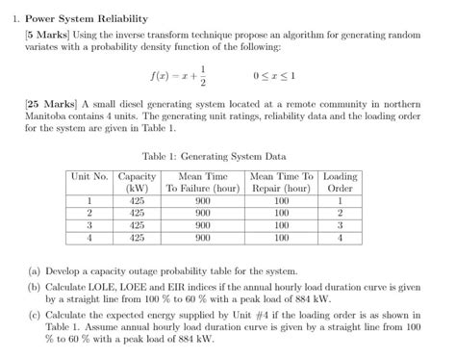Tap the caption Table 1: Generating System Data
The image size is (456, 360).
pyautogui.click(x=227, y=154)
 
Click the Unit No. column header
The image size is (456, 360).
pyautogui.click(x=89, y=176)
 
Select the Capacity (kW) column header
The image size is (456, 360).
pyautogui.click(x=137, y=183)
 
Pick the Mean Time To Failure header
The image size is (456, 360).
pyautogui.click(x=202, y=183)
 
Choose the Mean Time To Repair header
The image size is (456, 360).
pyautogui.click(x=281, y=183)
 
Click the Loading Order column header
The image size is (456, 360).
pyautogui.click(x=340, y=183)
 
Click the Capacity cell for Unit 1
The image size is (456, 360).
pyautogui.click(x=137, y=201)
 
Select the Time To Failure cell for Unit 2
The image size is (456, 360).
pyautogui.click(x=202, y=213)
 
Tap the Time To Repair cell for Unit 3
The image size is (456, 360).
pyautogui.click(x=281, y=224)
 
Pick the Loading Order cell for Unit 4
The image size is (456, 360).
pyautogui.click(x=340, y=236)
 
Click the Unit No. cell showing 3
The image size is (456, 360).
pyautogui.click(x=89, y=224)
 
